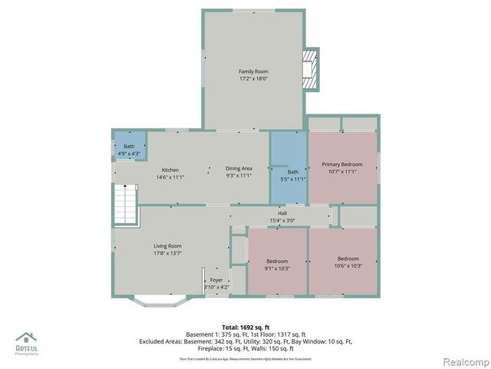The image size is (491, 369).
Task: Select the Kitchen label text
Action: click(x=170, y=169)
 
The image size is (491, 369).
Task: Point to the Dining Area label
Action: click(x=239, y=168)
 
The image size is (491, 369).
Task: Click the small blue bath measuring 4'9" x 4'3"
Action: click(x=129, y=150)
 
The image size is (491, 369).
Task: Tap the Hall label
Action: click(x=282, y=213)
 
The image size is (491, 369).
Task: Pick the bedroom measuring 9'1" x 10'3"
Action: click(x=277, y=264)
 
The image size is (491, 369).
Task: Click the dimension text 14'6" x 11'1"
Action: click(x=170, y=177)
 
